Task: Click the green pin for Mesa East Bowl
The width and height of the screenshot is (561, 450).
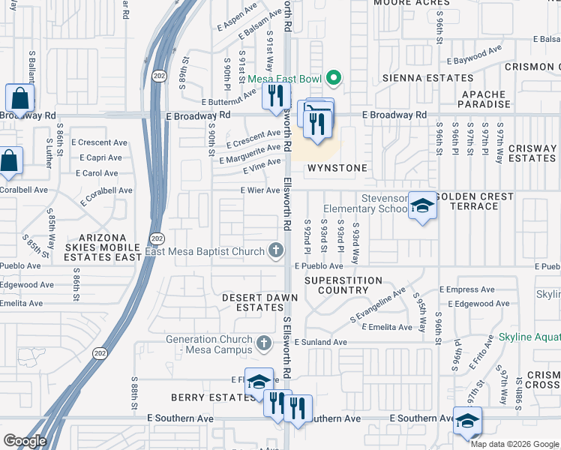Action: click(334, 78)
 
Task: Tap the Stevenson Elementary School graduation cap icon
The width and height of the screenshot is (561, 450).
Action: click(422, 206)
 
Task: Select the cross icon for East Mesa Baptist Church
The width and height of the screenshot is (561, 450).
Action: click(276, 250)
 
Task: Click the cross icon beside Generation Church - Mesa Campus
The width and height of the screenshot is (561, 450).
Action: click(262, 343)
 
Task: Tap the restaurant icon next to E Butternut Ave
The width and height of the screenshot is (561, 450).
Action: click(275, 95)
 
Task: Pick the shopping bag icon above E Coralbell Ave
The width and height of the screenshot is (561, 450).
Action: click(10, 161)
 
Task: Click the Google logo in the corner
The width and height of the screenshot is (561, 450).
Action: click(25, 441)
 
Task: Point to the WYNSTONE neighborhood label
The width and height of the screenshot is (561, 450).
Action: click(336, 168)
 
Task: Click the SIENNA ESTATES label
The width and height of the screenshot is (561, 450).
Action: click(428, 78)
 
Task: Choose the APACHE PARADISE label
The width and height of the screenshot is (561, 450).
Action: click(485, 99)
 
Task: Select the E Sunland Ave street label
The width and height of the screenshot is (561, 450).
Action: click(320, 342)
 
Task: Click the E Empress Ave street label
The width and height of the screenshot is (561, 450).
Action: click(466, 289)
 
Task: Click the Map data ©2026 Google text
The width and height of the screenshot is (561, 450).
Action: click(514, 443)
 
